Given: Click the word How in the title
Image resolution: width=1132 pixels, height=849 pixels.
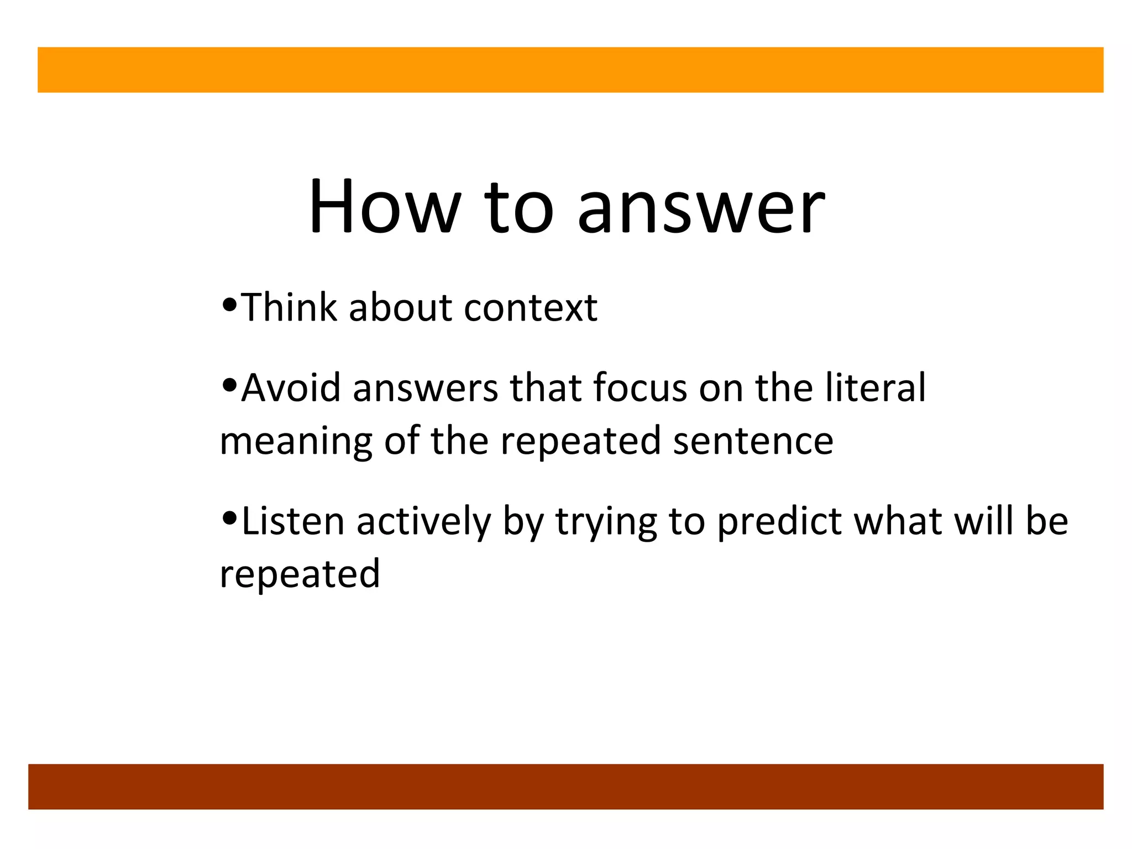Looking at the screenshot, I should click(x=384, y=207).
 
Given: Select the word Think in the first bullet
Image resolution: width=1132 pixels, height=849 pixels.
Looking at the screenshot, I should click(x=289, y=307).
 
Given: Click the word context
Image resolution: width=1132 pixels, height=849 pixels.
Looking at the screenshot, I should click(x=531, y=308).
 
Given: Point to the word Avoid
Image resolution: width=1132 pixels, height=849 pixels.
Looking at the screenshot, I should click(x=291, y=388).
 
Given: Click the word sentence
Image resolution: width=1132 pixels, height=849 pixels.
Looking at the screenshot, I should click(x=753, y=441).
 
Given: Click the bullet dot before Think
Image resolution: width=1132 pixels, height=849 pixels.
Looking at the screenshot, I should click(x=229, y=305).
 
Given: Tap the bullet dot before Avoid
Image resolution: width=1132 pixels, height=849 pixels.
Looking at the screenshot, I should click(x=229, y=384).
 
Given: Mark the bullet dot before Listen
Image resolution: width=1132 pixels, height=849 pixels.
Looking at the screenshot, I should click(x=229, y=518).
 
